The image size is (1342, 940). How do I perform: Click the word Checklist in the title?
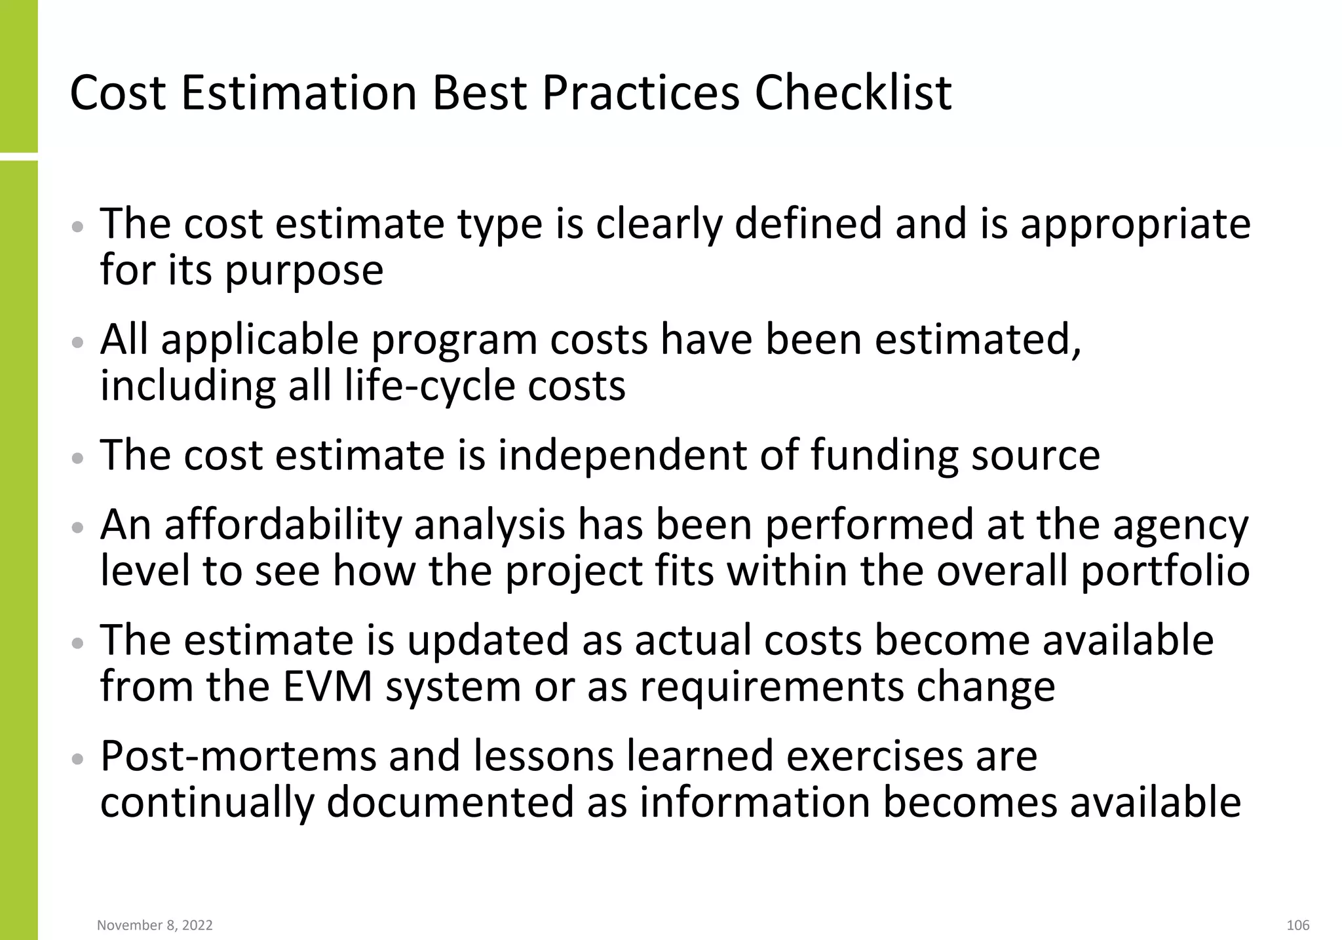(853, 92)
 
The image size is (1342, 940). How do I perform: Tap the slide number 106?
(1298, 925)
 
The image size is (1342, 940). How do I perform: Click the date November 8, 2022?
(155, 925)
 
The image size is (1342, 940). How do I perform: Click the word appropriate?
(1136, 224)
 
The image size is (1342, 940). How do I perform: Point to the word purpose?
(304, 270)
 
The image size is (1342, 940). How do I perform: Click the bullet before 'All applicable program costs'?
(78, 342)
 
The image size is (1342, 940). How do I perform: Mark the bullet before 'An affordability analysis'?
(78, 527)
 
